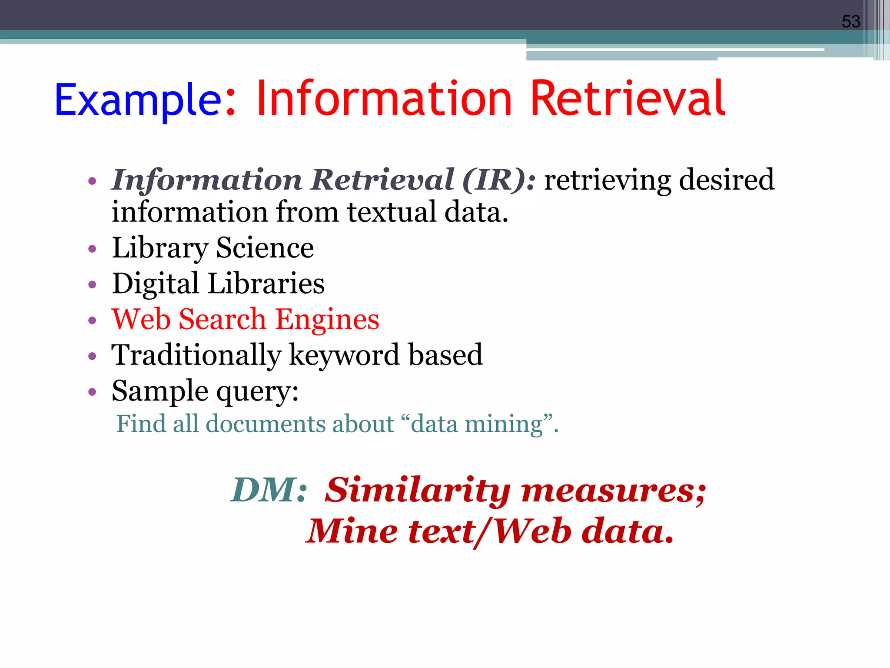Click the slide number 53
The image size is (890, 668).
tap(850, 21)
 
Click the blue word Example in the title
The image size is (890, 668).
tap(138, 100)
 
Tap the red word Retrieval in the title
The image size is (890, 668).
tap(628, 99)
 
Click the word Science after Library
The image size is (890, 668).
tap(265, 248)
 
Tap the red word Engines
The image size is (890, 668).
tap(327, 320)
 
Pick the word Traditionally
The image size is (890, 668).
tap(196, 355)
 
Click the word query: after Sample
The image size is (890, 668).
tap(257, 391)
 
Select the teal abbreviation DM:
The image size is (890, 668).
tap(269, 490)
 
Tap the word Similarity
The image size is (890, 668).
tap(417, 490)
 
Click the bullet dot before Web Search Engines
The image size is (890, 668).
tap(92, 321)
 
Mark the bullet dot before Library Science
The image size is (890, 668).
tap(92, 249)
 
